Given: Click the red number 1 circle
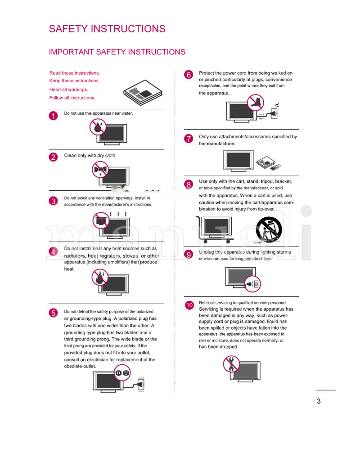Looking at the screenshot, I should (54, 116).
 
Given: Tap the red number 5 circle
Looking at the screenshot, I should (54, 314).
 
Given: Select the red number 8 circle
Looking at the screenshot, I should (189, 184).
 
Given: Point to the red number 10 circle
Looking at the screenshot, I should (189, 305).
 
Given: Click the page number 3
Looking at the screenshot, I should (319, 402).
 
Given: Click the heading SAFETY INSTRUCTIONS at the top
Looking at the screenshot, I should (107, 29).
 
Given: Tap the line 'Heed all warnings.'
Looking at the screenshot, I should (68, 90).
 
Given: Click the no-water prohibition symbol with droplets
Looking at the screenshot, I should (97, 127).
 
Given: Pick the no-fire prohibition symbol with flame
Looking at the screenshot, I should (99, 278).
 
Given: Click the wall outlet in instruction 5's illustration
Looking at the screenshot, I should (141, 384).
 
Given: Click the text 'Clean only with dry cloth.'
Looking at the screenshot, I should (90, 156).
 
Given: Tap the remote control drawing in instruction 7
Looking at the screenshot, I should (274, 167).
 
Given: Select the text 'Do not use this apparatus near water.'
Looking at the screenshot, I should (99, 113).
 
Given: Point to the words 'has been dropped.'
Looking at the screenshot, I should (219, 347).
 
